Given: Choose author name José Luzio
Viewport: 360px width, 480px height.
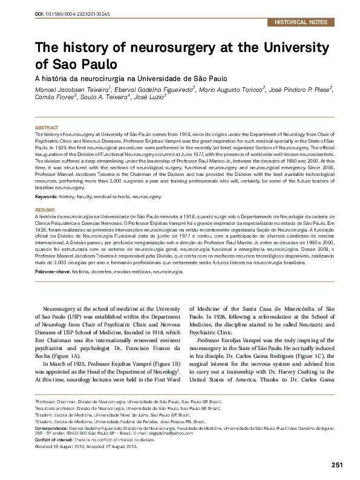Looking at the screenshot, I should [149, 97].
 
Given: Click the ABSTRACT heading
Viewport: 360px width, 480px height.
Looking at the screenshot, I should [47, 128].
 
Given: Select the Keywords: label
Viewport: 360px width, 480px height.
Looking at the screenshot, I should [49, 196].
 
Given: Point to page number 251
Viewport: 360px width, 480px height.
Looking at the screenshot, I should [338, 464].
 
